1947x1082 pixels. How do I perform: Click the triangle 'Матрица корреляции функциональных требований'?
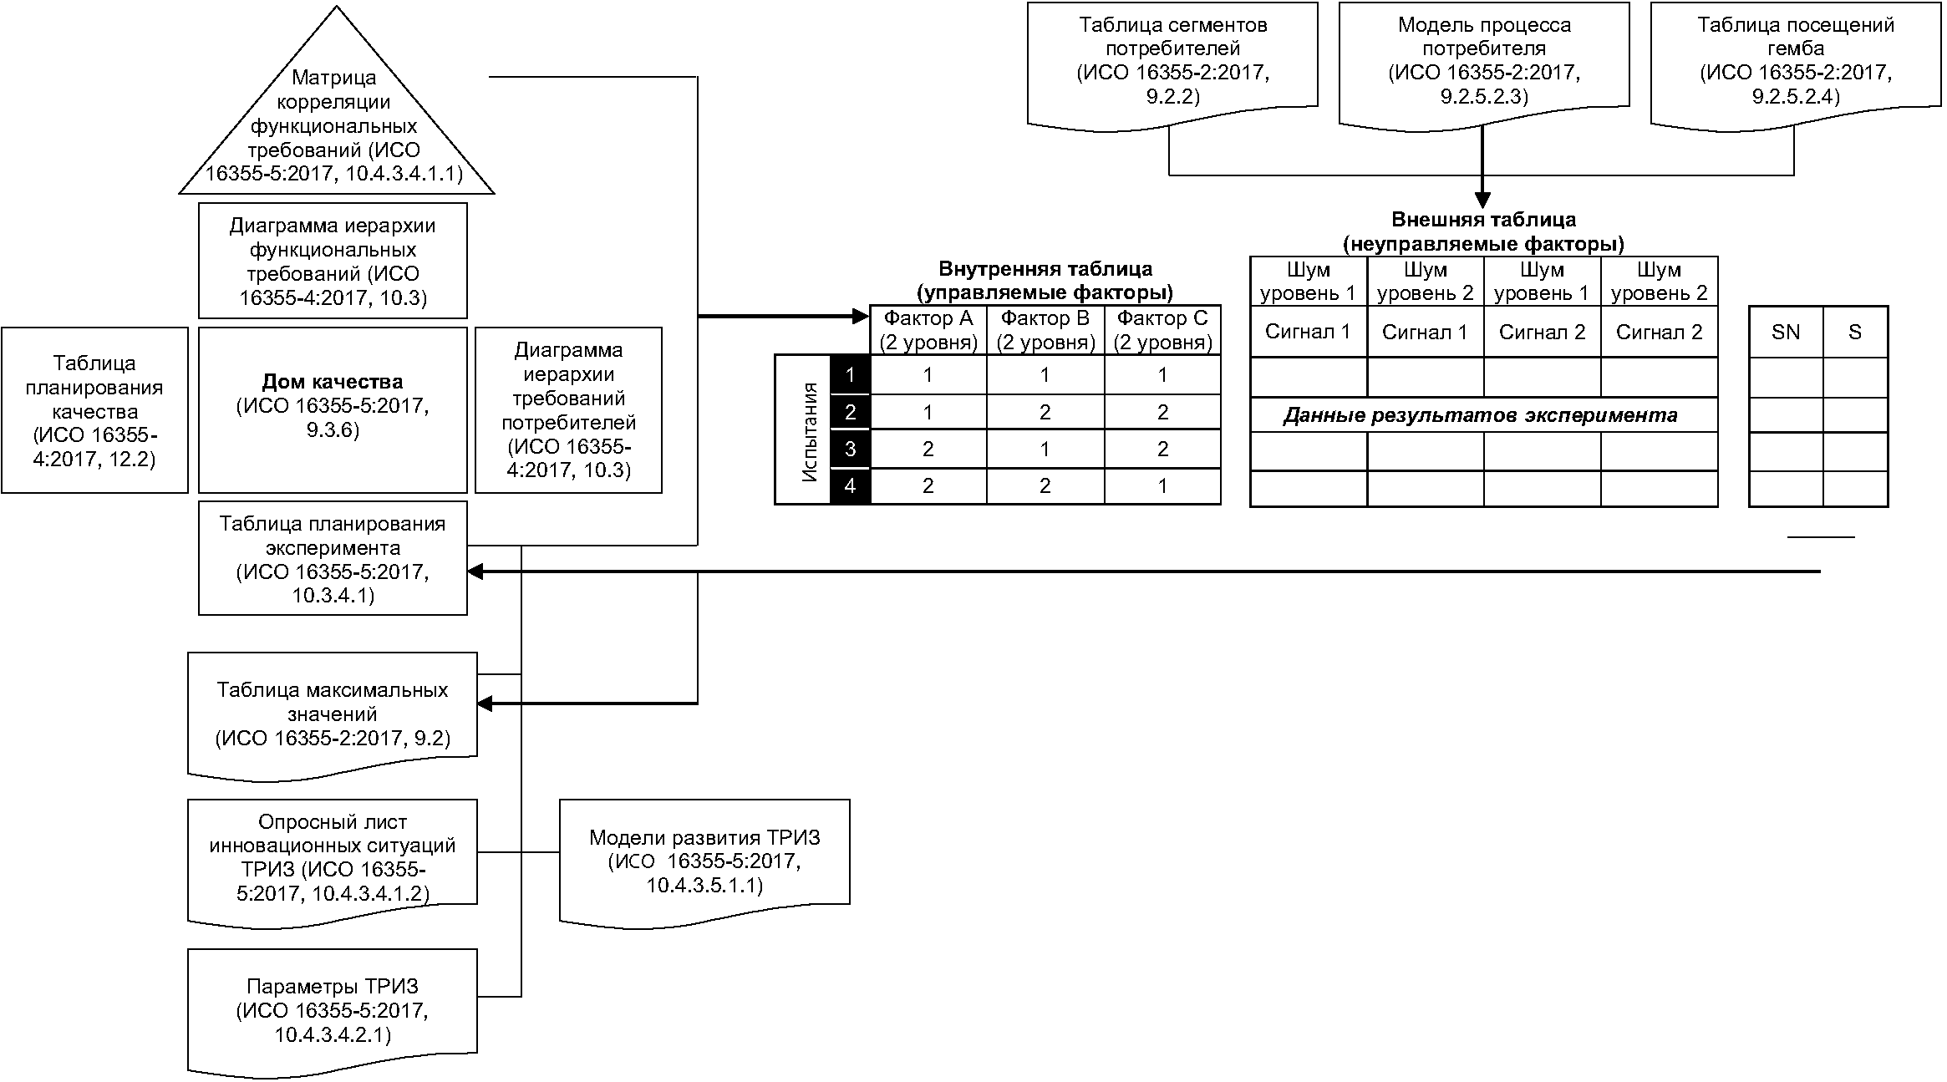tap(336, 125)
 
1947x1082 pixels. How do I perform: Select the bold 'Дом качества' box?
tap(333, 409)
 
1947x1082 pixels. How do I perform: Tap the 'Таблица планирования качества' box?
tap(94, 409)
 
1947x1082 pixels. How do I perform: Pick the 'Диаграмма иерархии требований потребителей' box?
tap(568, 409)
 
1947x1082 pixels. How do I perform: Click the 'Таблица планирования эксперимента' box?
tap(333, 558)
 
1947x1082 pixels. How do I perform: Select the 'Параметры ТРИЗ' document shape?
tap(333, 1012)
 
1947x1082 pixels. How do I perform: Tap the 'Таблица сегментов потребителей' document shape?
tap(1172, 65)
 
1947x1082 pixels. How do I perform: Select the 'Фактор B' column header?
tap(1045, 330)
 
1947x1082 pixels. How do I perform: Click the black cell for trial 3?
tap(850, 449)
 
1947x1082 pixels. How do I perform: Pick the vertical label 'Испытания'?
tap(809, 432)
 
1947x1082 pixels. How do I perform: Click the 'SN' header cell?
tap(1786, 332)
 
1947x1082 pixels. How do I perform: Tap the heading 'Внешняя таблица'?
tap(1484, 220)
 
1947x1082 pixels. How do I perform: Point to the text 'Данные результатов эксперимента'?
tap(1480, 415)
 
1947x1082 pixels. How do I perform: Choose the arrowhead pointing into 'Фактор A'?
tap(862, 317)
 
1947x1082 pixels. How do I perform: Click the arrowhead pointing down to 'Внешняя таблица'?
tap(1482, 201)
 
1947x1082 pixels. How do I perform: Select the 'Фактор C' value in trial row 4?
tap(1162, 485)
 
